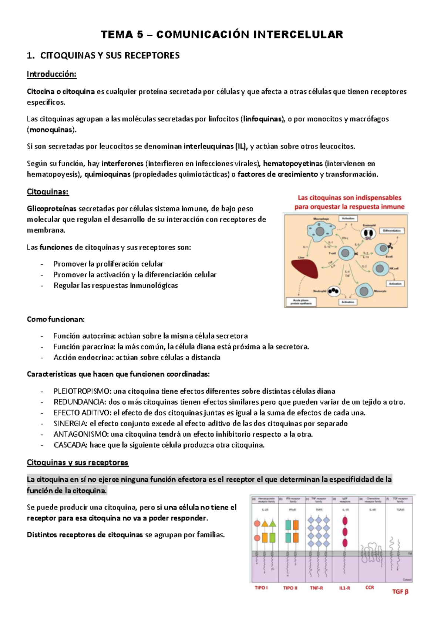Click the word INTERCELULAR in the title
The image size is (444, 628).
298,34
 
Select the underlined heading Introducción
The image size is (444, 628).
51,74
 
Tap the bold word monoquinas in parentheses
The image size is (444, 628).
50,130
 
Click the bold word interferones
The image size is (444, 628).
122,163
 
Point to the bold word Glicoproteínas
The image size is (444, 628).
51,208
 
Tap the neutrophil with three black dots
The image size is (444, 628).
334,291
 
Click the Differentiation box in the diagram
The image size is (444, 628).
392,230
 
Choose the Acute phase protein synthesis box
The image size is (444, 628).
300,302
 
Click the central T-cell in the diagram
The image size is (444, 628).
345,253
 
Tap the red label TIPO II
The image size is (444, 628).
290,588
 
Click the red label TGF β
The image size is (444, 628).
400,591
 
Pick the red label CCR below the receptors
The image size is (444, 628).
369,587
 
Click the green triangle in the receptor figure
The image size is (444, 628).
273,523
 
